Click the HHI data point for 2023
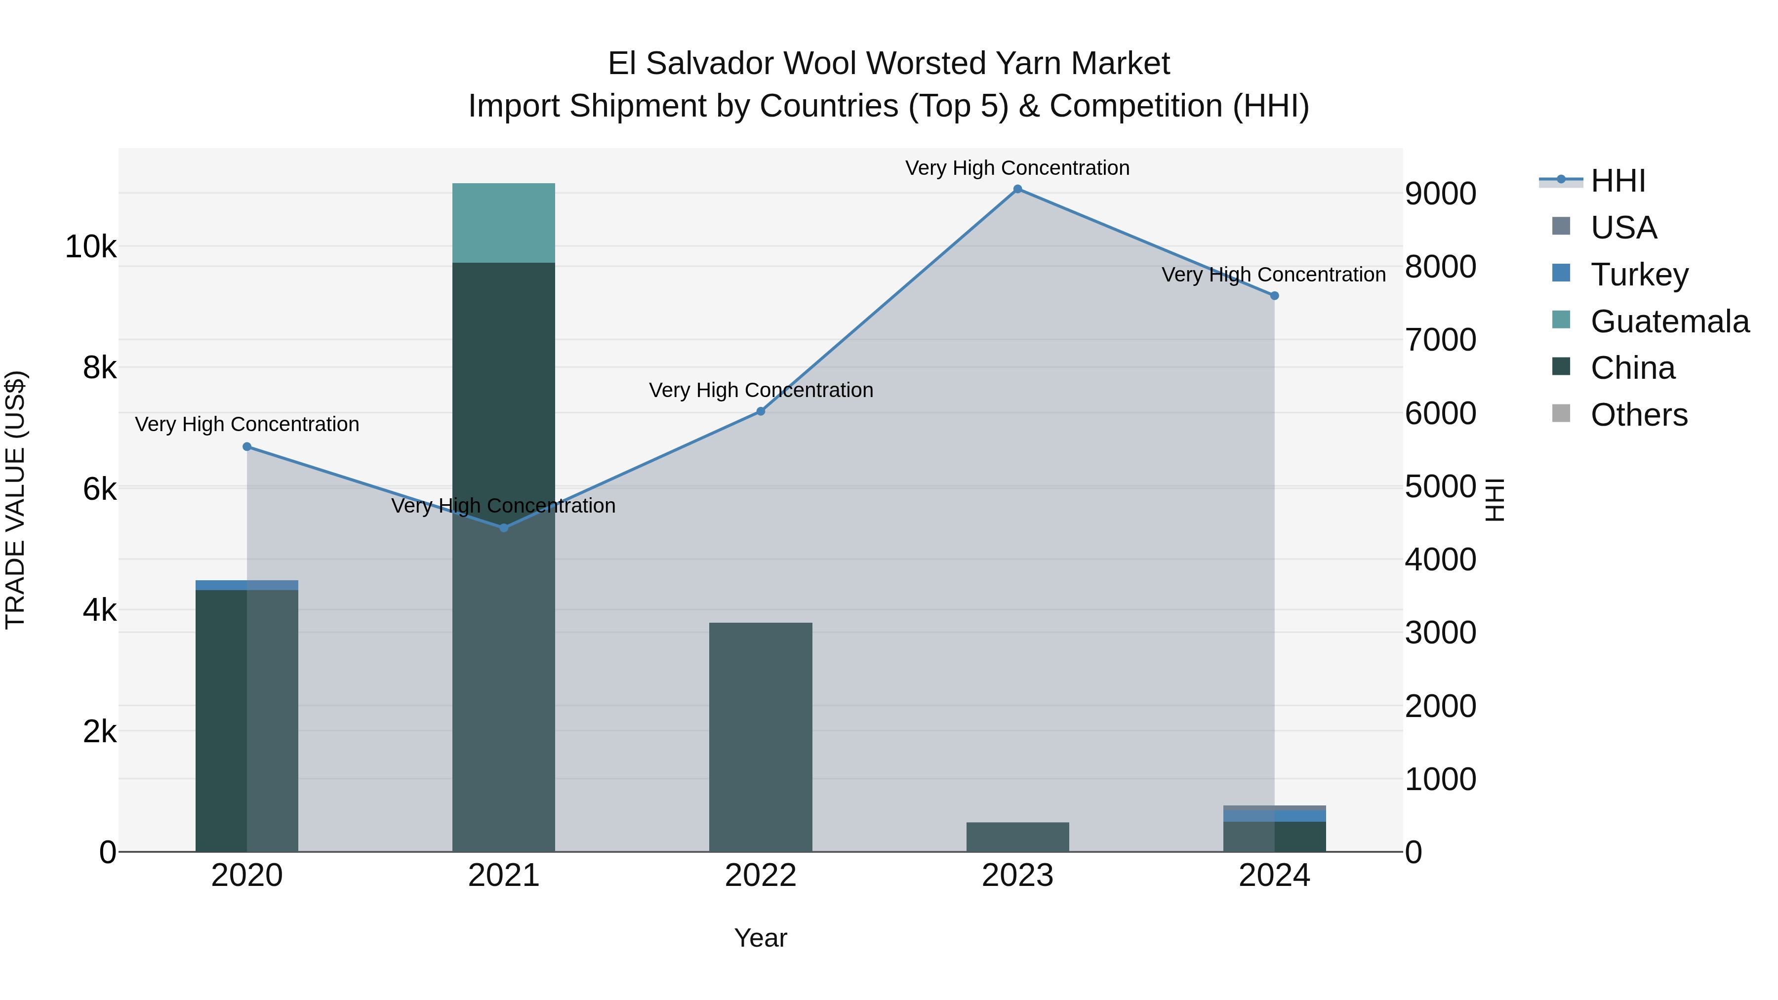[x=1017, y=189]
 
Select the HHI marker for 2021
[x=504, y=528]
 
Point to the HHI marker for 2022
[x=761, y=411]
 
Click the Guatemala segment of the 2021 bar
[x=504, y=223]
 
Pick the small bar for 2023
[x=1017, y=837]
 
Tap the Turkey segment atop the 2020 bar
[x=247, y=585]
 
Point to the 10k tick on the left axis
[x=90, y=247]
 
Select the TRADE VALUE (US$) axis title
[x=15, y=500]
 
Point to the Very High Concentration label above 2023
[x=1017, y=168]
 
